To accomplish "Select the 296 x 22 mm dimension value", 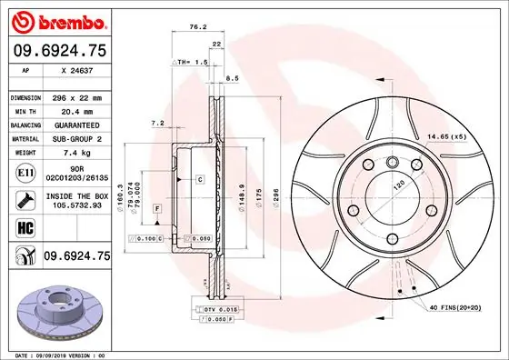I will point(76,96).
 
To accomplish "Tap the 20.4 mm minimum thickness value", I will point(76,111).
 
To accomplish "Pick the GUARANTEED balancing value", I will point(76,125).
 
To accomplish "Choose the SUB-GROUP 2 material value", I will point(76,139).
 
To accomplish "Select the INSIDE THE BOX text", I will point(76,195).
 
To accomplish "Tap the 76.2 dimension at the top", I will point(195,27).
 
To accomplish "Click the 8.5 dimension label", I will point(233,79).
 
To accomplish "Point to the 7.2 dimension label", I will point(156,123).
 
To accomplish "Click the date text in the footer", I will point(56,353).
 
